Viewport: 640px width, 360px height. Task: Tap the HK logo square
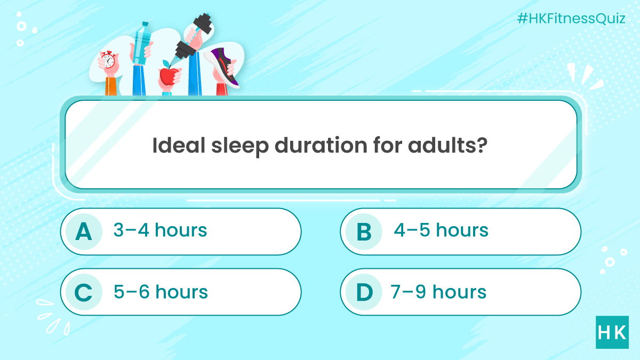point(612,332)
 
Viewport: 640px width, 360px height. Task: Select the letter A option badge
point(83,231)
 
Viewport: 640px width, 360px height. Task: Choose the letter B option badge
point(364,231)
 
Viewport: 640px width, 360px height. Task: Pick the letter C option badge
point(83,292)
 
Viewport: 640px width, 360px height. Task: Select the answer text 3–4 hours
point(160,230)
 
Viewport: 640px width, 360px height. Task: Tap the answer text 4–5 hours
point(441,230)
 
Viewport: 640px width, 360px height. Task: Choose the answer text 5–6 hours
point(161,292)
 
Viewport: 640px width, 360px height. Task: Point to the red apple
point(167,76)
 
